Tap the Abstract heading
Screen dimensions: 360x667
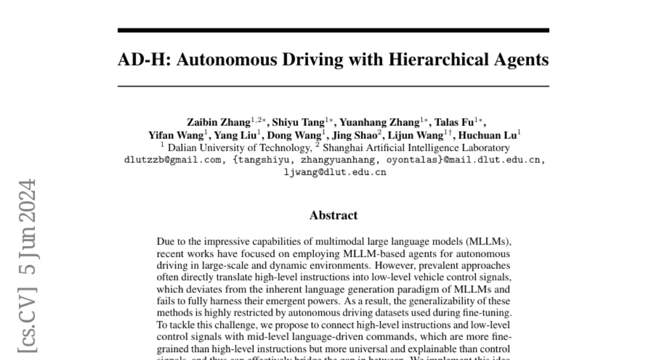pos(333,215)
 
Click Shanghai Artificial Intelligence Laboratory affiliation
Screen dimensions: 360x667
pos(416,148)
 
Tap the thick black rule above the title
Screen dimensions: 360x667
pos(333,30)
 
